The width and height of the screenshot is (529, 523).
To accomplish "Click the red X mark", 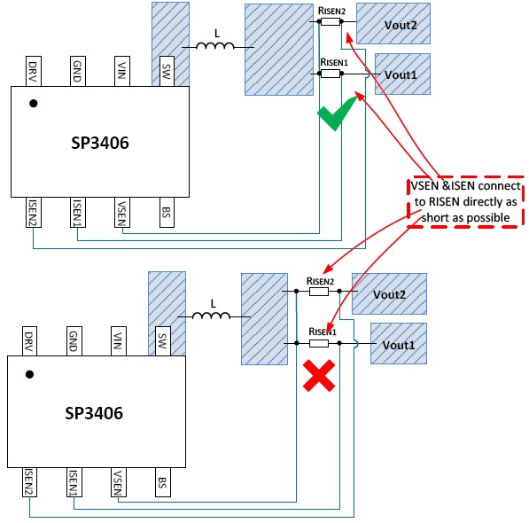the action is (319, 376).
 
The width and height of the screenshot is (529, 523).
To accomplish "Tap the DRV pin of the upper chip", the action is (34, 71).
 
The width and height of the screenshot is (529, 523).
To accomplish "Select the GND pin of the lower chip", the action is (74, 341).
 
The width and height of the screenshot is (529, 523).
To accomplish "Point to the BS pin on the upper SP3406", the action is (167, 212).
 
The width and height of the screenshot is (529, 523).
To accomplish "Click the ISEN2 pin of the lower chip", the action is (30, 482).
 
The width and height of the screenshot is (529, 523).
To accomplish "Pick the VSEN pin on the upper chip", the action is (122, 212).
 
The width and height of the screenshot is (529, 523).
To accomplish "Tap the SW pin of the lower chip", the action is (163, 341).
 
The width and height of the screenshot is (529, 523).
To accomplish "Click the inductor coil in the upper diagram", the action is (215, 45).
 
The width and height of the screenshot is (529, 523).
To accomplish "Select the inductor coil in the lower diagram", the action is (211, 316).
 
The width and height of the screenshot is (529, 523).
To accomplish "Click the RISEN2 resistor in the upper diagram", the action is (331, 22).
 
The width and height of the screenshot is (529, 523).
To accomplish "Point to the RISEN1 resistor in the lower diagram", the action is (319, 343).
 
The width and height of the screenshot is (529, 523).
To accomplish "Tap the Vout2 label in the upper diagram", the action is (401, 26).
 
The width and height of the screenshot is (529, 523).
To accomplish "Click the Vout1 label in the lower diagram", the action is (399, 345).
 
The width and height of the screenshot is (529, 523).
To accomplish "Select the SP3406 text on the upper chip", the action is (100, 143).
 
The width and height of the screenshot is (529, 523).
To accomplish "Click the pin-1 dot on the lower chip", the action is (30, 374).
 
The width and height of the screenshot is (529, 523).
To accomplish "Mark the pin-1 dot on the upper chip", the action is (34, 103).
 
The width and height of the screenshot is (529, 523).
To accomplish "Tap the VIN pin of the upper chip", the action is (122, 71).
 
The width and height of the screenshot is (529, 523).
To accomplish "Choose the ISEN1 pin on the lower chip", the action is (74, 482).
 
